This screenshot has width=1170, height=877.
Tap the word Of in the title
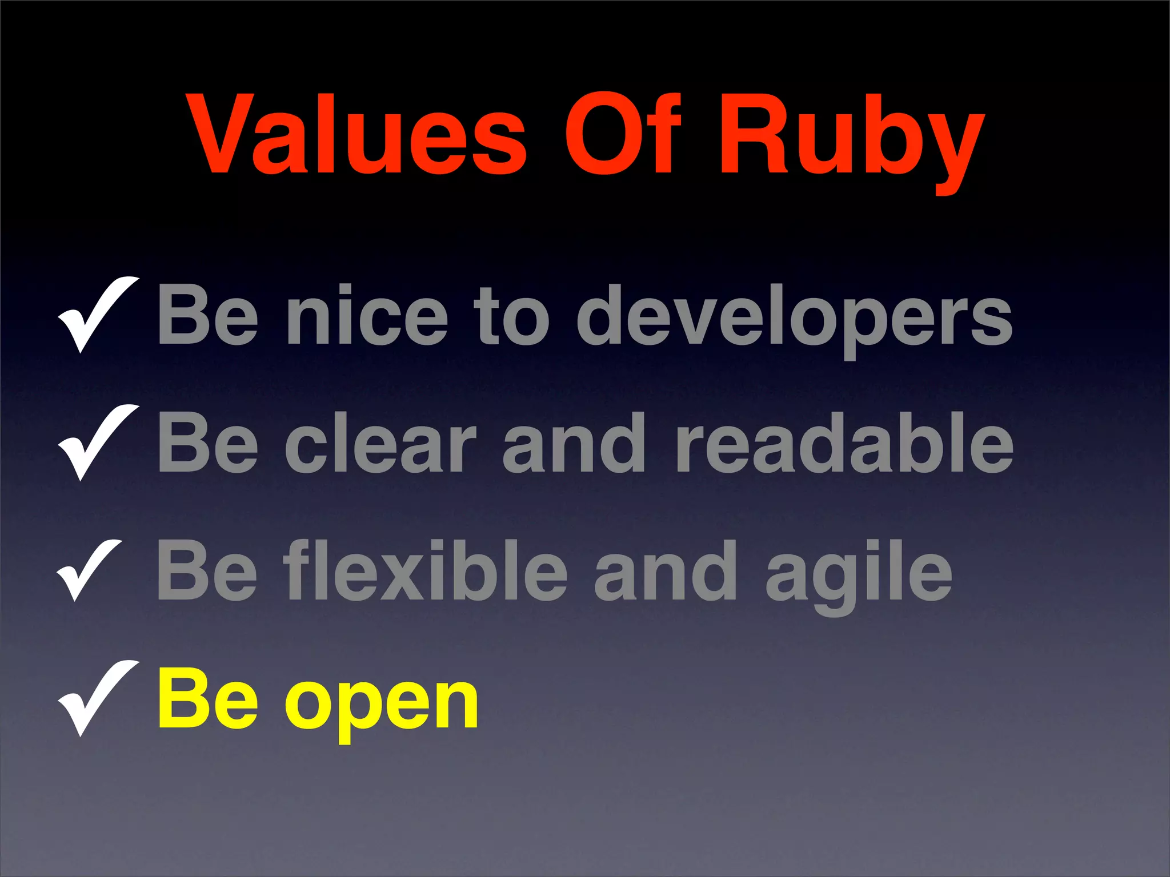click(x=623, y=135)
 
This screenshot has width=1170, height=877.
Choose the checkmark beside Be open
click(x=97, y=697)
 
